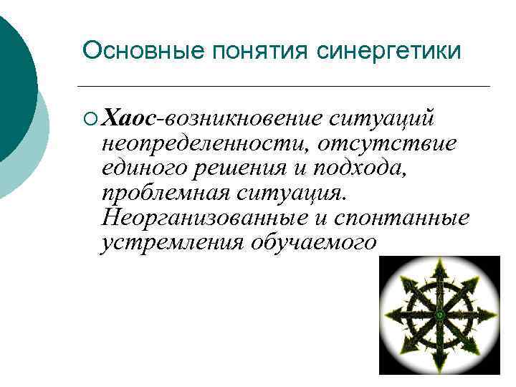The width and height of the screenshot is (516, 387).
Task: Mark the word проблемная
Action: (164, 193)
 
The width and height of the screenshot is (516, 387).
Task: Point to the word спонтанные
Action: (416, 218)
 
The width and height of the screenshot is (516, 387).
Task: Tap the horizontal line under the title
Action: (287, 86)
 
